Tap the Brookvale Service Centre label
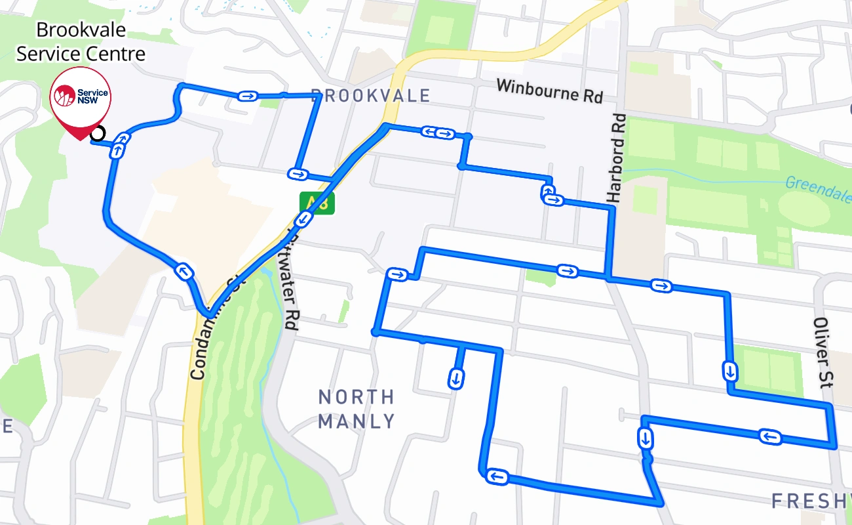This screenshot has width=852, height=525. (81, 42)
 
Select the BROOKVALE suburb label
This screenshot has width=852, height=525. (370, 96)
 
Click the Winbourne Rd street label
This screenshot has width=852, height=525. (549, 91)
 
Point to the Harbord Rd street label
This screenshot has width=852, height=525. (616, 158)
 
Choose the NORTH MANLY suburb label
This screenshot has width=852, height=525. (357, 409)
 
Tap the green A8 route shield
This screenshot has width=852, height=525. (317, 203)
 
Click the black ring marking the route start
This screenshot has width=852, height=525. (98, 134)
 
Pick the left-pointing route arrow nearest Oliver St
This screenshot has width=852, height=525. (771, 436)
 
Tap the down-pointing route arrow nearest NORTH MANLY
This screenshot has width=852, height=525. (456, 378)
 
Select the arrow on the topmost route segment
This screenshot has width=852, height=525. (248, 96)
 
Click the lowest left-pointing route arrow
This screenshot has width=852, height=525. (497, 476)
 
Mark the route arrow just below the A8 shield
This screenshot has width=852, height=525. (307, 221)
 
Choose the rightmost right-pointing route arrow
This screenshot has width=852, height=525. (661, 285)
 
